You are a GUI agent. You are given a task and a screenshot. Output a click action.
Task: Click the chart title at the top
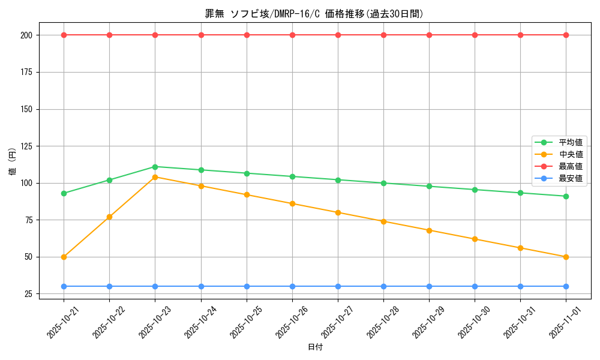point(314,14)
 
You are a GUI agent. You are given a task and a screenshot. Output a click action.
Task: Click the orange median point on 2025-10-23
point(155,177)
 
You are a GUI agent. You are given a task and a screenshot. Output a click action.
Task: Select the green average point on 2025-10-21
point(64,193)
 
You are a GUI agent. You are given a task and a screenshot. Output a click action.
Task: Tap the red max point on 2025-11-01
point(566,35)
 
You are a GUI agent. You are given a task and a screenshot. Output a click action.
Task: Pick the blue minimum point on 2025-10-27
point(338,286)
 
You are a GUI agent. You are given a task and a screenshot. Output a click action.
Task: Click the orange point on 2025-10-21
point(64,257)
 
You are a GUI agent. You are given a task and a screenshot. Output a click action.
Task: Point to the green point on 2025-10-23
point(155,167)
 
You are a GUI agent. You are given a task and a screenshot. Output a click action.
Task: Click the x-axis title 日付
point(314,347)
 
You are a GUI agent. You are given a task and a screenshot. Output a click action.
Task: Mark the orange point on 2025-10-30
point(475,239)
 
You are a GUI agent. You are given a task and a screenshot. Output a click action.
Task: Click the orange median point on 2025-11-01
point(566,257)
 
